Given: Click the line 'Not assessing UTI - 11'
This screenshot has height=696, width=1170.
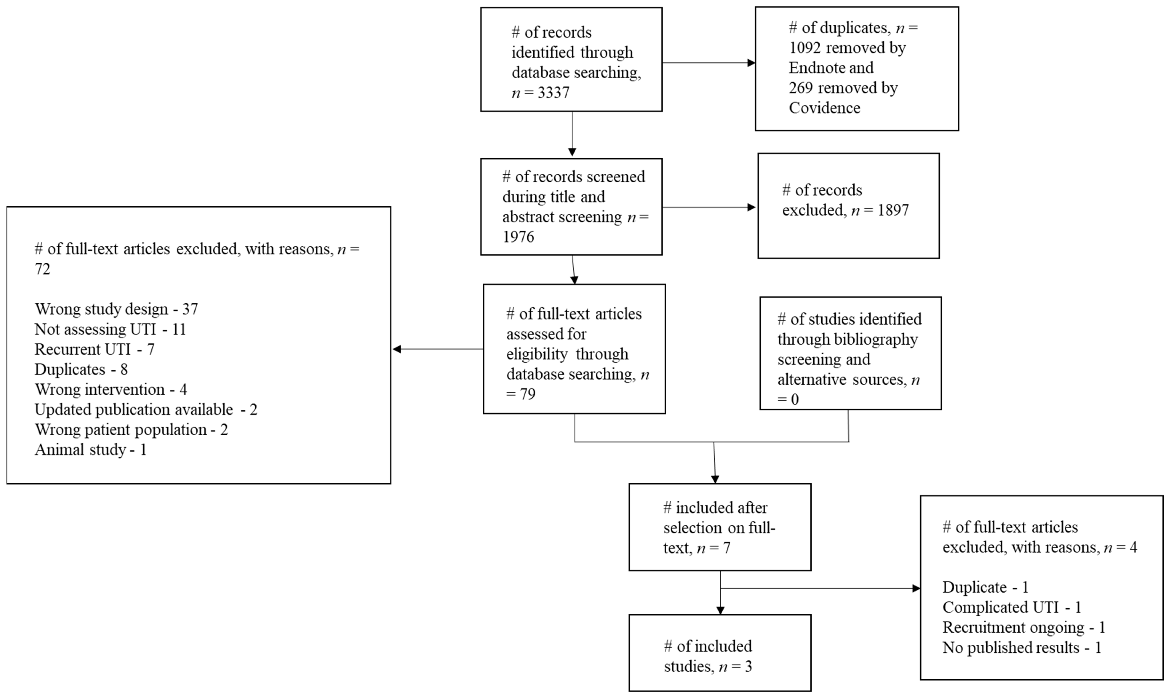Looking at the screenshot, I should click(x=110, y=329).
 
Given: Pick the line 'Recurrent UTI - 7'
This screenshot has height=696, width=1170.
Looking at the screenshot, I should click(x=94, y=349).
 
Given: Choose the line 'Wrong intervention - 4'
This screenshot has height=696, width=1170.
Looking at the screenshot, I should click(x=111, y=389).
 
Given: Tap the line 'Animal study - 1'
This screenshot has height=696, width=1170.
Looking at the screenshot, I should click(x=91, y=450).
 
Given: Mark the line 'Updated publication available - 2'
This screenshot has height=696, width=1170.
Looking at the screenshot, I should click(x=146, y=409).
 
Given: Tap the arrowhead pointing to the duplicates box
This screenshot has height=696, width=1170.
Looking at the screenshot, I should click(x=751, y=63).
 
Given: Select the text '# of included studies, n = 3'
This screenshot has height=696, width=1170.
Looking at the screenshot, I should click(x=708, y=656).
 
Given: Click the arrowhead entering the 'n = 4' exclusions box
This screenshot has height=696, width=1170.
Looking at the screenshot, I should click(x=916, y=588).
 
